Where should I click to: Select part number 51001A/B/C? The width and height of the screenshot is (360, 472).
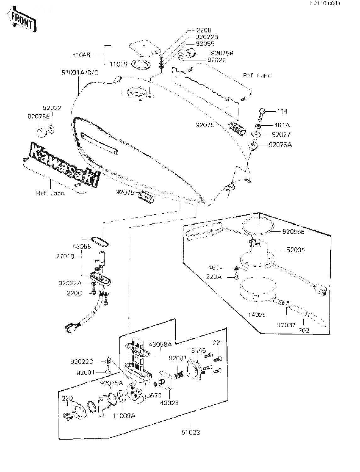(x=80, y=73)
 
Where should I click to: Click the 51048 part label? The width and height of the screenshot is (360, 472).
(x=81, y=55)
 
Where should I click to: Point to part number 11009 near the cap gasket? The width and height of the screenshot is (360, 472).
(x=118, y=64)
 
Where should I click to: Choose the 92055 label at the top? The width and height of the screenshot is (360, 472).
(x=205, y=44)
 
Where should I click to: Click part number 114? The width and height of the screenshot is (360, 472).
(x=282, y=111)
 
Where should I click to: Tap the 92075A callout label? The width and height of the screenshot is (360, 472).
(x=280, y=145)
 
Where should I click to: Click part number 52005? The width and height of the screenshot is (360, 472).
(x=295, y=250)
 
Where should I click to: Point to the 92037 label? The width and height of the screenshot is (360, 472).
(x=286, y=325)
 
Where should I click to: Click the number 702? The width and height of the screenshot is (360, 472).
(x=304, y=330)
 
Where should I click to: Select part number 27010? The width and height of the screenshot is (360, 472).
(x=65, y=256)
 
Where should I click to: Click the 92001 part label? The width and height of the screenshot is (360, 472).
(x=86, y=373)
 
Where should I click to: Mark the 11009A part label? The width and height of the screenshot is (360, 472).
(x=124, y=416)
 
